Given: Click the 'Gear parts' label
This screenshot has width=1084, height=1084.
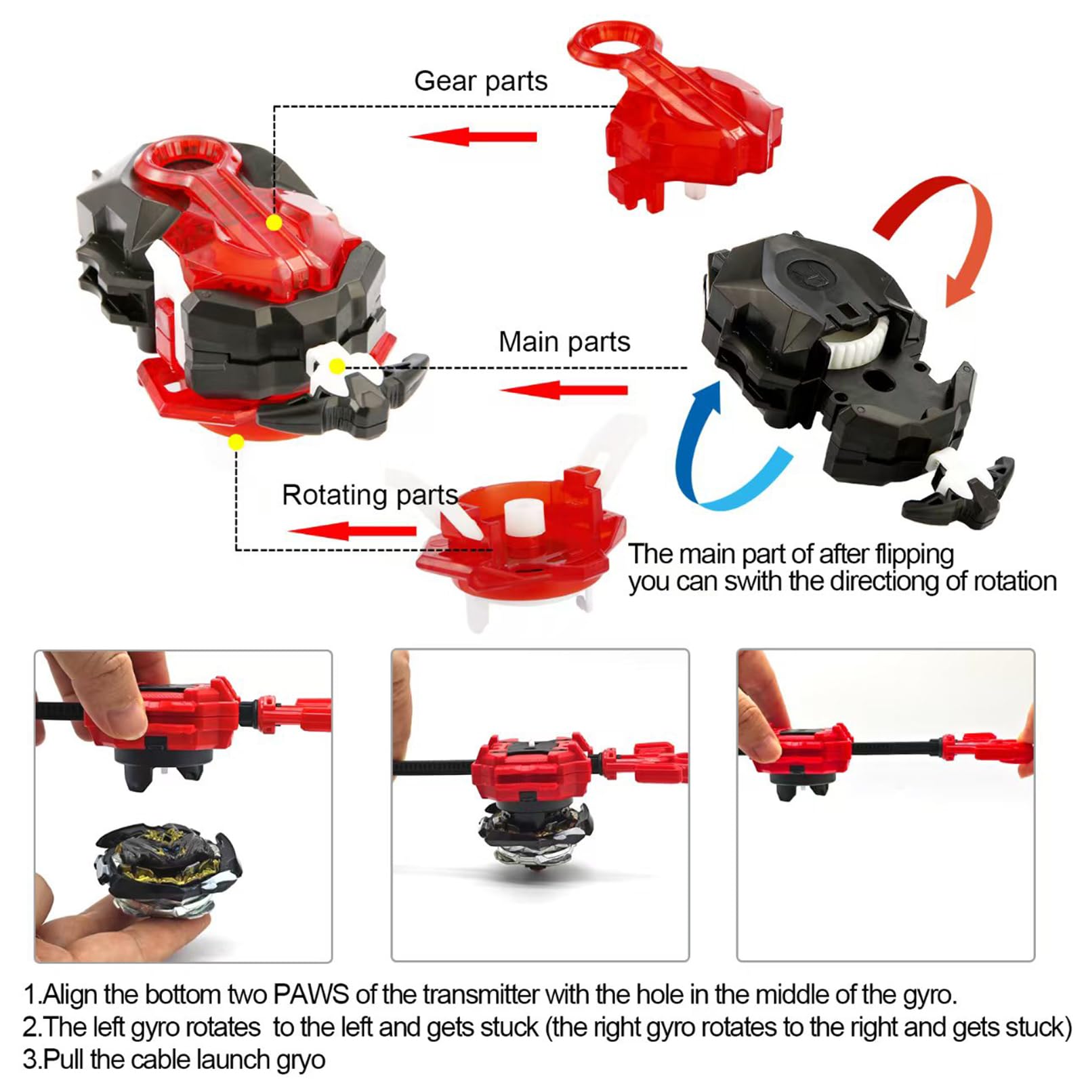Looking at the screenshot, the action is pos(480,81).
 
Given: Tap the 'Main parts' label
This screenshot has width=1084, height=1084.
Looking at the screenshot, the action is pos(564,341).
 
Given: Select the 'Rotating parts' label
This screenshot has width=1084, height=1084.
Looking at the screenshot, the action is pos(370,495).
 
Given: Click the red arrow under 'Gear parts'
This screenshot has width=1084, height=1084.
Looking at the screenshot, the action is pos(473,137).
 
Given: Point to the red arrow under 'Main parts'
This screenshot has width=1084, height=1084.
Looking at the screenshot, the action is pos(564,390).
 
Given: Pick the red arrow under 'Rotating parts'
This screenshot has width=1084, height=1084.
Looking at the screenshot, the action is pos(352,530).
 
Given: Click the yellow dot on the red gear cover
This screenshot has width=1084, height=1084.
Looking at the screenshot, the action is pos(274,222).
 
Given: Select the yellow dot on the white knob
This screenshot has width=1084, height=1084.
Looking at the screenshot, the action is pos(337,367).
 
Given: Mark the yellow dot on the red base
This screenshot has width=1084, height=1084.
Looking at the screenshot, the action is pos(236,442).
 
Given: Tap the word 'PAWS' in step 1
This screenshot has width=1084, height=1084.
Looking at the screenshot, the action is pos(311,995).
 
